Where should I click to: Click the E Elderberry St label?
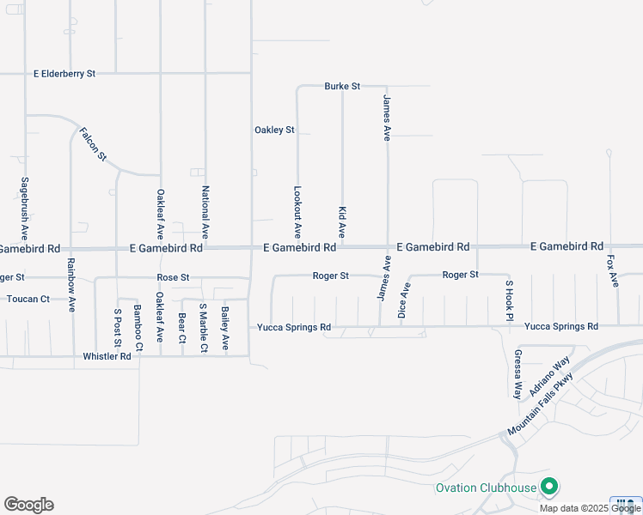64,75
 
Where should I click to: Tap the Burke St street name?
342,87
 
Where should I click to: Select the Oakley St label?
274,130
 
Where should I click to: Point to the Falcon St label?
93,144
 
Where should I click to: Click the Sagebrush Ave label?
25,209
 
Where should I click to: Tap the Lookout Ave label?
297,213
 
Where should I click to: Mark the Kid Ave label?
342,222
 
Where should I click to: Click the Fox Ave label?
613,271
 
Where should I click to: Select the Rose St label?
173,278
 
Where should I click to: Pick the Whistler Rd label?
107,356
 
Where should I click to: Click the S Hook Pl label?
509,301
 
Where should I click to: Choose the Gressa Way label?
517,374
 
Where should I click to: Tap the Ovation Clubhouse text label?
486,488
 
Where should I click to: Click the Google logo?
28,505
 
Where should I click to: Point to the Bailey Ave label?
225,329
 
